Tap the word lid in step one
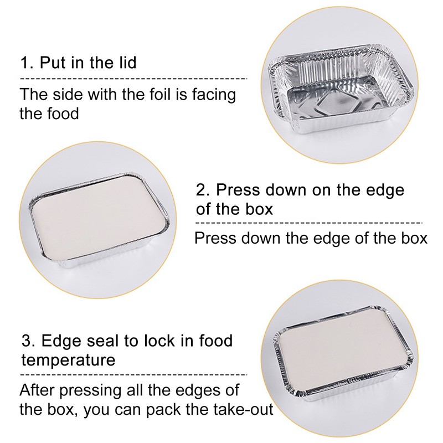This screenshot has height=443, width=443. pos(126,62)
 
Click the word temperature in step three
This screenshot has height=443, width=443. pos(68,360)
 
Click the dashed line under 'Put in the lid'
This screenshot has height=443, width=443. pos(133,79)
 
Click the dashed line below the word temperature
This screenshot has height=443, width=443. pos(133,375)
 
